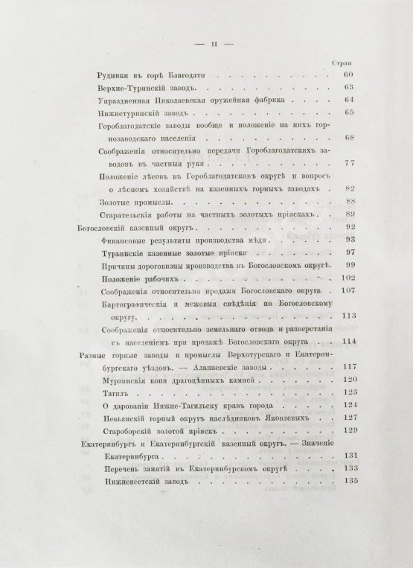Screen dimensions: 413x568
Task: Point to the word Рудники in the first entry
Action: point(115,75)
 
